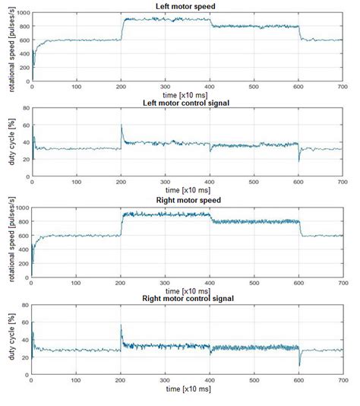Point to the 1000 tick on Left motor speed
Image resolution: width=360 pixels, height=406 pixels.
(x=21, y=14)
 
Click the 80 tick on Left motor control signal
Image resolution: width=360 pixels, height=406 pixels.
(x=24, y=109)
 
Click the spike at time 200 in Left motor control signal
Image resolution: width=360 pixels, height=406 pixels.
(x=122, y=125)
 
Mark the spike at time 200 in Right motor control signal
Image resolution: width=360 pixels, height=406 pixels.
(x=121, y=326)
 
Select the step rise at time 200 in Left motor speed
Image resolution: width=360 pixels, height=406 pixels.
(x=122, y=30)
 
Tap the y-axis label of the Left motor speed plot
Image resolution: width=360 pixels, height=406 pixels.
(x=10, y=47)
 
